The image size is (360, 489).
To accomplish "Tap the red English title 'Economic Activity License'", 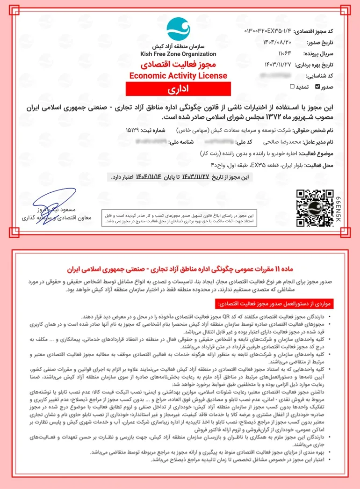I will tap(178, 76).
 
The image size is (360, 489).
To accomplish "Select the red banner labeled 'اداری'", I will tap(178, 88).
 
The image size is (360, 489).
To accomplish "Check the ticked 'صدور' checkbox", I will tap(318, 87).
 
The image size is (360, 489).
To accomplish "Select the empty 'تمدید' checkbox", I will tap(292, 87).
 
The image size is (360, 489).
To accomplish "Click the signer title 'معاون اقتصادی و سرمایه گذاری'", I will tap(57, 218).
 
